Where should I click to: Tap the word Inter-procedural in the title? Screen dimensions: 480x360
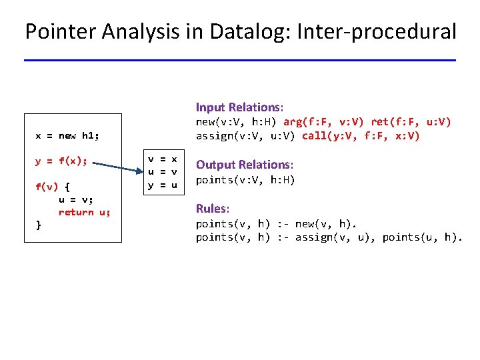[376, 31]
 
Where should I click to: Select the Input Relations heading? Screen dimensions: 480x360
[239, 107]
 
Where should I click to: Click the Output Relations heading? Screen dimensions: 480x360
[244, 165]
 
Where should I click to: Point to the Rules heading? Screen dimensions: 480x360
[213, 209]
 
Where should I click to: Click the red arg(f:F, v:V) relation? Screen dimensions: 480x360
[323, 122]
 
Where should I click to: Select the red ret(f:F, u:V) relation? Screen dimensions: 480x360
[411, 122]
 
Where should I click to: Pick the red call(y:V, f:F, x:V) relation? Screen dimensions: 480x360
[361, 135]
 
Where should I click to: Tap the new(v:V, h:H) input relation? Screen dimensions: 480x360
[236, 122]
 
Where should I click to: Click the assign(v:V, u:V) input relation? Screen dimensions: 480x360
[245, 136]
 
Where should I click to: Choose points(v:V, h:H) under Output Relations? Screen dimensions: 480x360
[245, 180]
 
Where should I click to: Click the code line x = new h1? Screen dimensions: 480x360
[67, 135]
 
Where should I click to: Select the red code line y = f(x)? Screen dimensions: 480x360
[61, 161]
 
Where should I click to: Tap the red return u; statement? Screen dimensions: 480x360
[85, 213]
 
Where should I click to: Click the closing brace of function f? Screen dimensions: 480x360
[38, 225]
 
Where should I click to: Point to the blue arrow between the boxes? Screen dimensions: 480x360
[118, 167]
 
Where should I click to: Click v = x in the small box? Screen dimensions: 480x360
[163, 159]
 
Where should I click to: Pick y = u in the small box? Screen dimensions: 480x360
[163, 185]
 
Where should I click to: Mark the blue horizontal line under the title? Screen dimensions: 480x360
[240, 60]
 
